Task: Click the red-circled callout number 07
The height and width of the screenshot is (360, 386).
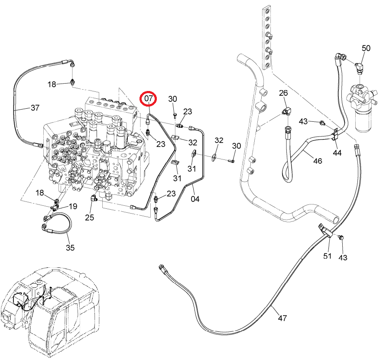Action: [148, 98]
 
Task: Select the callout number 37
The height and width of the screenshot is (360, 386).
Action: [35, 107]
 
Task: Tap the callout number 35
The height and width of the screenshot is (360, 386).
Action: [70, 247]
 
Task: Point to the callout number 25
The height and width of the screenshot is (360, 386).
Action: [90, 217]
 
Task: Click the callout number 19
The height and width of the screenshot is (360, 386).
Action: [73, 206]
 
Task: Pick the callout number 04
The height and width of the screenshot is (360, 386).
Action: [195, 199]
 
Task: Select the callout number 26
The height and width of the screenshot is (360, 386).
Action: [283, 93]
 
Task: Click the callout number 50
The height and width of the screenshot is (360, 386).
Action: [366, 48]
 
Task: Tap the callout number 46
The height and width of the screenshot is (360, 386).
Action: [318, 161]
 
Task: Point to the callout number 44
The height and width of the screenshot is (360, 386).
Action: [337, 153]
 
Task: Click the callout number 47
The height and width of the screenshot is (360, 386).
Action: [282, 318]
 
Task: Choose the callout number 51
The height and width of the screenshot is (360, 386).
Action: [327, 256]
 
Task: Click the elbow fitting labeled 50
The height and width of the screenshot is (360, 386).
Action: [359, 67]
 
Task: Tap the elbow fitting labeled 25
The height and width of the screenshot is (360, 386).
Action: [94, 198]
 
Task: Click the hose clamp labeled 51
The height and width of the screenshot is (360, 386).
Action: [325, 230]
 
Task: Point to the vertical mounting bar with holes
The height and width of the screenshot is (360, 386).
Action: [267, 37]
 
